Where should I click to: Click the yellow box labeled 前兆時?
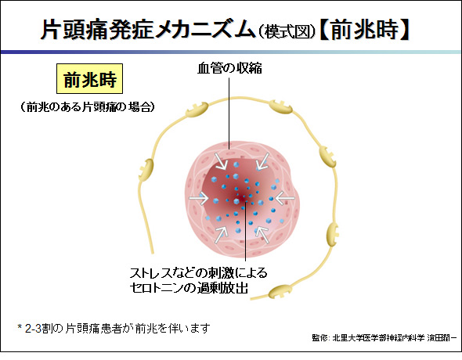click(89, 78)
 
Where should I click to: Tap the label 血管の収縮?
click(229, 68)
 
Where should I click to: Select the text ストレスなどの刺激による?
click(198, 273)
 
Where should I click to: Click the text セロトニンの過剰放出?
click(189, 287)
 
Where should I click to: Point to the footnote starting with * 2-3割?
click(114, 328)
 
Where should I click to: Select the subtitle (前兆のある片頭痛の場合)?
click(88, 107)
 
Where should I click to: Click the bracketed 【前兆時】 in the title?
click(364, 30)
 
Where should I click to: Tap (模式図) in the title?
click(287, 32)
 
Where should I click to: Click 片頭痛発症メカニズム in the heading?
click(148, 30)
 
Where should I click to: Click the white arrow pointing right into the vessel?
click(199, 198)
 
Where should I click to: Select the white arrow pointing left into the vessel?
click(284, 198)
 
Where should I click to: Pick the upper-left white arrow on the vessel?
click(221, 161)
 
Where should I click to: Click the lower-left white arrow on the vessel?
click(222, 235)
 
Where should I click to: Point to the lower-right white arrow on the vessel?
click(262, 235)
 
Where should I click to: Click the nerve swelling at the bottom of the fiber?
click(279, 291)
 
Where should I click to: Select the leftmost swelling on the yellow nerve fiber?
click(147, 169)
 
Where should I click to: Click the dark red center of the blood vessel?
click(242, 198)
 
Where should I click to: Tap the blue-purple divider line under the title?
click(231, 52)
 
